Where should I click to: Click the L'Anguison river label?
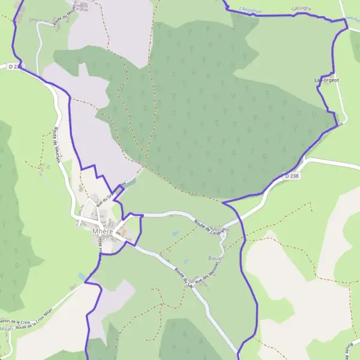coord(251,8)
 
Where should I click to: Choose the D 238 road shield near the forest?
coord(292,176)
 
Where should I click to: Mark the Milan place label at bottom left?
coord(6,329)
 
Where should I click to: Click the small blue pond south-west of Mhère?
coord(82,276)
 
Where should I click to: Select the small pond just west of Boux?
coord(184,262)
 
